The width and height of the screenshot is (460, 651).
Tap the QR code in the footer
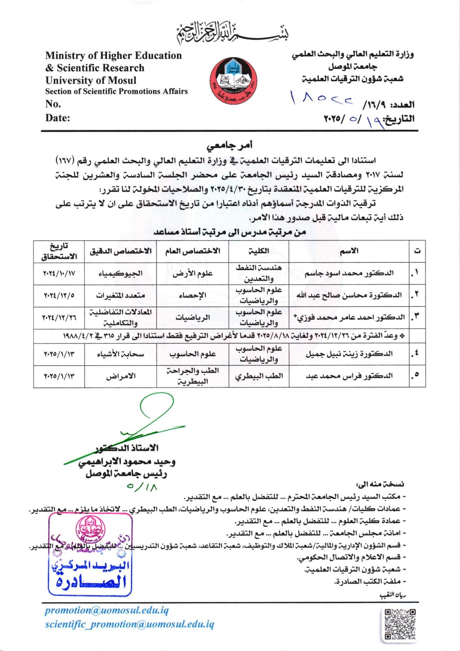point(400,625)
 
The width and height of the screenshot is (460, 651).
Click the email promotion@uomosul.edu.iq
point(107,610)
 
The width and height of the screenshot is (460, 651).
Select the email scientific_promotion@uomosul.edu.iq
point(129,624)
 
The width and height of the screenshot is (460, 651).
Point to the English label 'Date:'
point(58,118)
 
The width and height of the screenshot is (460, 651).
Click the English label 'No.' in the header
point(53,104)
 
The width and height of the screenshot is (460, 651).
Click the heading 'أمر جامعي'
point(230,145)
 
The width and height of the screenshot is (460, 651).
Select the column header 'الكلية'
point(259,251)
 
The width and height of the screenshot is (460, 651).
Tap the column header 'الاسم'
point(349,251)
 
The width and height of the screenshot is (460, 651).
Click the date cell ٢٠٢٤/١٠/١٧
point(59,273)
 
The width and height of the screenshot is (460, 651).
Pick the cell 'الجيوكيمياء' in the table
point(120,273)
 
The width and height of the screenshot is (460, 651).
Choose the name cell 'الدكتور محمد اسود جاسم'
point(349,273)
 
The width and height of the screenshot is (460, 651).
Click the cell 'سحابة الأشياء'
point(120,354)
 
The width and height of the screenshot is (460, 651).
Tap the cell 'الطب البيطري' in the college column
point(259,376)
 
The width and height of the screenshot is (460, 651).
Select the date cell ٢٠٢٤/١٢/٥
point(59,295)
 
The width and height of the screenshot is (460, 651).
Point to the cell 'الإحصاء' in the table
point(192,295)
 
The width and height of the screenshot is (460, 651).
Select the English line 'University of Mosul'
point(91,80)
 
